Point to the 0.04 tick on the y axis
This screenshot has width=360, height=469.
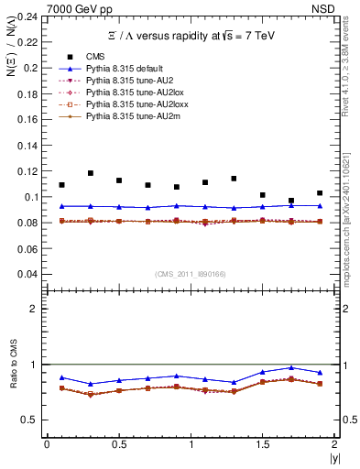point(29,274)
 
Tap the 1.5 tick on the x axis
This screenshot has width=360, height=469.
point(263,444)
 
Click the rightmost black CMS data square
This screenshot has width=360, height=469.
point(320,193)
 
